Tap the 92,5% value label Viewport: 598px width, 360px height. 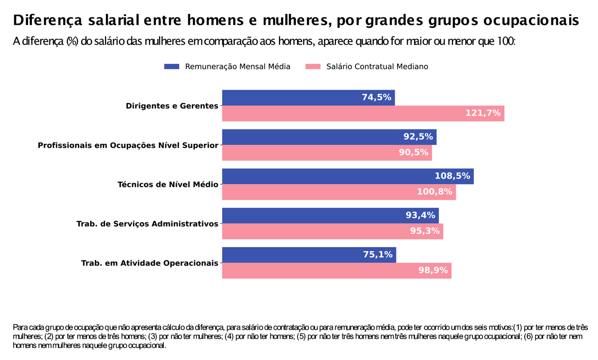point(418,137)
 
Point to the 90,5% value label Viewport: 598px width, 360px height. point(414,153)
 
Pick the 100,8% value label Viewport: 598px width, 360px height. point(435,192)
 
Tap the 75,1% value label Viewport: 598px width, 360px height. point(378,255)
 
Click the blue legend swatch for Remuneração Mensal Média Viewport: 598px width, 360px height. point(171,67)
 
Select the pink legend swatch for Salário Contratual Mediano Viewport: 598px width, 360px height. point(313,67)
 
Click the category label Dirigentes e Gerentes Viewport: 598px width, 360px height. point(172,106)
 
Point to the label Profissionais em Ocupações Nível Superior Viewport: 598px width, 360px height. point(128,145)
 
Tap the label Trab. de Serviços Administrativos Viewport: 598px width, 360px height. point(147,224)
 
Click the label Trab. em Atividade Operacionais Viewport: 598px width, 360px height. point(149,263)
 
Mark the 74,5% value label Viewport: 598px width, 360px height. point(376,98)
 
